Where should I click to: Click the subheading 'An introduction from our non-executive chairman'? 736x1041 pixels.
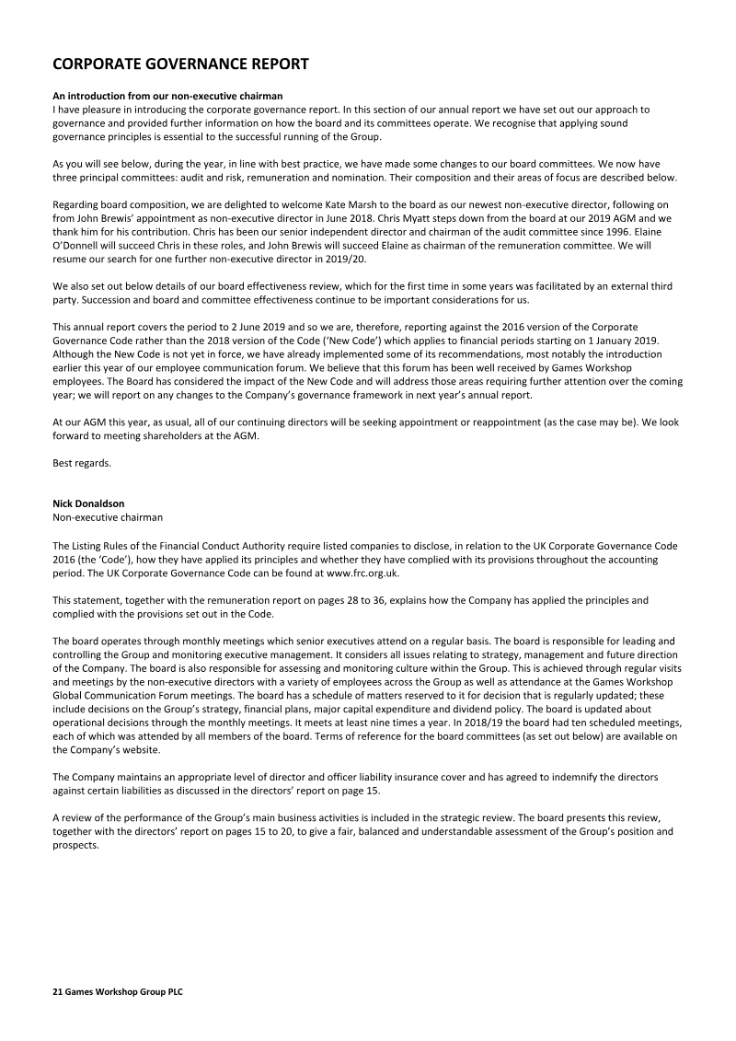click(x=167, y=97)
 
